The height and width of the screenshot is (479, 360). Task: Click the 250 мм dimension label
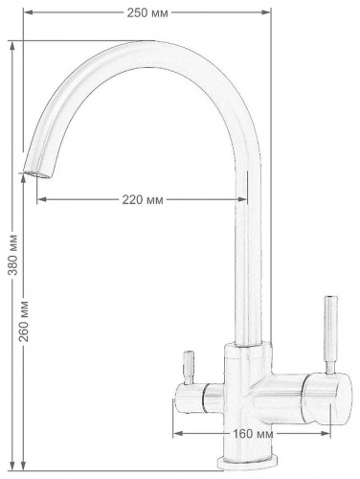[147, 13]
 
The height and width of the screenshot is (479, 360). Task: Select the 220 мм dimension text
[143, 200]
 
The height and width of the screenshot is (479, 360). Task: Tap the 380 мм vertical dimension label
[13, 255]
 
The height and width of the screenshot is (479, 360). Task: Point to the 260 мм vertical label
[24, 321]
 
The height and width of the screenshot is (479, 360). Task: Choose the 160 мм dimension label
[253, 434]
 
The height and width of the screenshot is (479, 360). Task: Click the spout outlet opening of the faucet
[36, 174]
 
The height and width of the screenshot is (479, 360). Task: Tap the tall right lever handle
[330, 334]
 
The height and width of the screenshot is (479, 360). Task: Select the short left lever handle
[188, 368]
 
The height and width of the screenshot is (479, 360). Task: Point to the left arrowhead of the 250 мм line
[29, 12]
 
